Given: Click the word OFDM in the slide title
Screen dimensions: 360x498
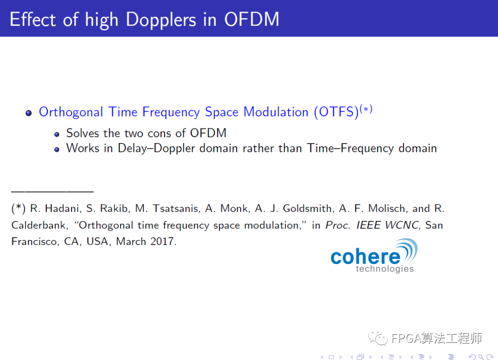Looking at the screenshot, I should coord(252,20).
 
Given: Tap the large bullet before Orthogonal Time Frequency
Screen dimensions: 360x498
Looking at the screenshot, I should coord(29,113).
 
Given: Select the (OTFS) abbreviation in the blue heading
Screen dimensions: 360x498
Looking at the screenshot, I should coord(336,112).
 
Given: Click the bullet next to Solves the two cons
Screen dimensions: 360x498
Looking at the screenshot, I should coord(57,134).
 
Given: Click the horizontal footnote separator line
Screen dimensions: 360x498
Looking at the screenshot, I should coord(52,190).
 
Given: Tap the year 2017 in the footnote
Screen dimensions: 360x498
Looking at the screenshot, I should coord(163,241).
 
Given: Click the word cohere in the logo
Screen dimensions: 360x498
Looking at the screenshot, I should coord(366,257).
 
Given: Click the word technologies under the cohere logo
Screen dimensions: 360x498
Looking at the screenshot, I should coord(385,269).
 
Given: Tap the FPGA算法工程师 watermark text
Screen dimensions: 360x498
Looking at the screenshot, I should coord(436,338).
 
